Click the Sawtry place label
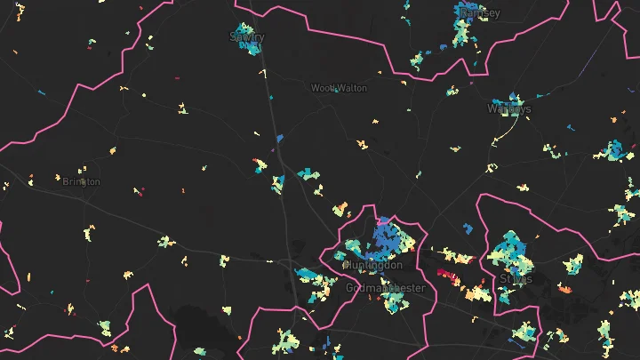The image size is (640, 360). pos(247,36)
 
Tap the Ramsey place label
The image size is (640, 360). pos(480,13)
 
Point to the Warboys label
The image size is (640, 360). pos(509,109)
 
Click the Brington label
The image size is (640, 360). pos(82,181)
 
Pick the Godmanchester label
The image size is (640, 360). pos(386,288)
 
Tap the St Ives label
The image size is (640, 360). pos(516,279)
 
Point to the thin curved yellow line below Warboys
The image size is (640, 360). pos(507,133)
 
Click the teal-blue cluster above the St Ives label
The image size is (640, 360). pos(510,249)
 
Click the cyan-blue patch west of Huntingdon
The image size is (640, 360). pos(311,276)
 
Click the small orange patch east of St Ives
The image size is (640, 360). pos(564,288)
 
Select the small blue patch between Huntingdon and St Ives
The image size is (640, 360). pos(468,228)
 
